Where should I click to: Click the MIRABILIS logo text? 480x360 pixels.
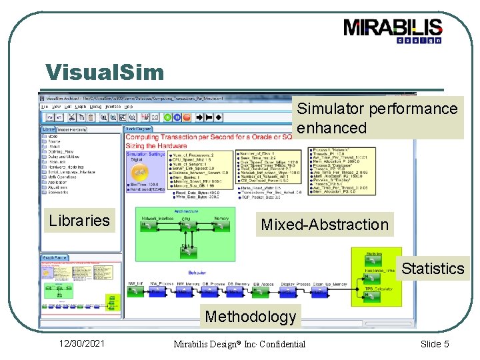point(393,27)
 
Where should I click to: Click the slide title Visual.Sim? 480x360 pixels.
point(104,72)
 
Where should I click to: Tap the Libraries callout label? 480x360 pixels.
point(79,221)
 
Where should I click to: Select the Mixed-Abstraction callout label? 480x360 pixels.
point(324,225)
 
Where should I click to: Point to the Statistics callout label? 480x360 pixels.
point(433,269)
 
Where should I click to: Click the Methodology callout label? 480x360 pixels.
point(250,317)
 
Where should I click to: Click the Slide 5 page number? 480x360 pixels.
point(435,343)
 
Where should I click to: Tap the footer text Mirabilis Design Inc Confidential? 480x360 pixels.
point(239,344)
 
